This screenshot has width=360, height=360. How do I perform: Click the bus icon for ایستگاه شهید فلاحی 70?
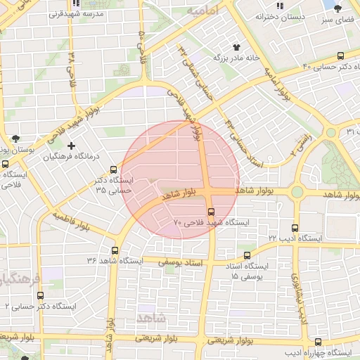click(x=211, y=211)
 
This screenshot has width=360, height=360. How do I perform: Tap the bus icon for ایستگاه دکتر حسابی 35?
click(x=114, y=169)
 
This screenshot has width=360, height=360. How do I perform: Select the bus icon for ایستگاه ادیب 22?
click(x=295, y=228)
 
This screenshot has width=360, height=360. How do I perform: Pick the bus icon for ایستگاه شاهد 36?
click(x=115, y=250)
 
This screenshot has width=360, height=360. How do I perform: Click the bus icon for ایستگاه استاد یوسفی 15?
click(x=246, y=256)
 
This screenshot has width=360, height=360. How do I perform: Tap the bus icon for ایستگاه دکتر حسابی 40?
click(x=341, y=56)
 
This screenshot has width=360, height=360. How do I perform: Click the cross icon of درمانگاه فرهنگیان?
click(x=71, y=146)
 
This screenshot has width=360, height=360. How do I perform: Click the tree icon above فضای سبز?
click(x=338, y=8)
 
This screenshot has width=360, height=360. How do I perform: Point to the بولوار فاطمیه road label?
click(x=70, y=221)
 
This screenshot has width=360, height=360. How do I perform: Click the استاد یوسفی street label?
click(x=184, y=261)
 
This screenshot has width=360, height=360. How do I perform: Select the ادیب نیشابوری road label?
click(x=300, y=300)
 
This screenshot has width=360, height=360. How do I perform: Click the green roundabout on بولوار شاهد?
click(x=297, y=191)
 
